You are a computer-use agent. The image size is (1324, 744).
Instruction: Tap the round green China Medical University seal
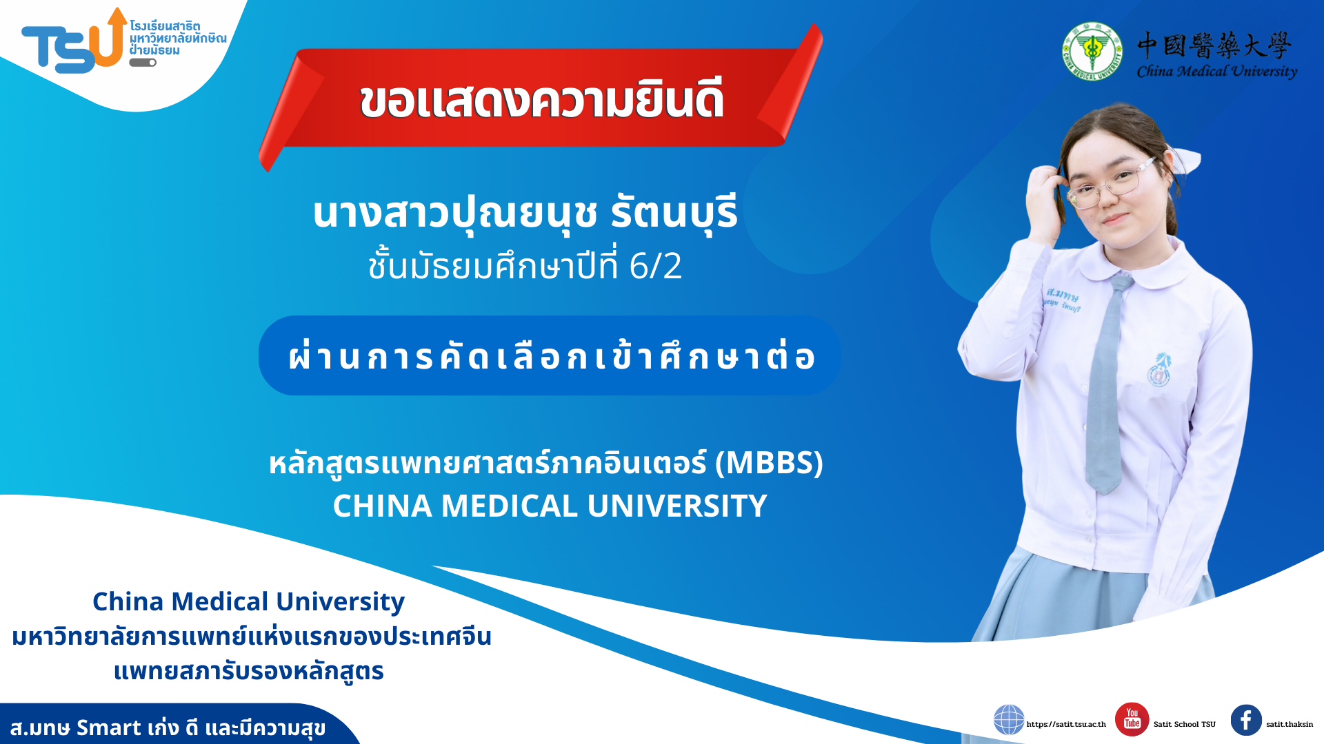pos(1092,51)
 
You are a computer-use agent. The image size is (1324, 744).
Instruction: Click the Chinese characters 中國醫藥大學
pos(1214,45)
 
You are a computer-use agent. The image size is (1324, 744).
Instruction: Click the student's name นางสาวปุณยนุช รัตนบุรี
pos(525,213)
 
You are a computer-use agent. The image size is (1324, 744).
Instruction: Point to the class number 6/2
pos(655,266)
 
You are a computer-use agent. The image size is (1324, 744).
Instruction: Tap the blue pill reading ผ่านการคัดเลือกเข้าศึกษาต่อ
pos(550,355)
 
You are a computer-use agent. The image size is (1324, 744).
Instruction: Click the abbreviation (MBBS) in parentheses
pos(769,463)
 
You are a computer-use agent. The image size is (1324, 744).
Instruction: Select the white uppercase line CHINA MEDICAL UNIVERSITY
pos(550,506)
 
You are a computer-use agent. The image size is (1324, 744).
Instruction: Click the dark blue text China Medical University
pos(248,601)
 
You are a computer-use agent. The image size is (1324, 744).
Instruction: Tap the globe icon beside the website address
pos(1009,720)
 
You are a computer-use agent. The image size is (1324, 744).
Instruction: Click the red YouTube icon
pos(1132,720)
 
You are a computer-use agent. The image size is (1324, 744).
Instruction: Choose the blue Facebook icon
pos(1246,720)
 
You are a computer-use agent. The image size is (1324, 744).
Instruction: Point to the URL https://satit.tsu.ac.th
pos(1066,724)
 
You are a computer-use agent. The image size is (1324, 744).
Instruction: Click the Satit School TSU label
pos(1185,724)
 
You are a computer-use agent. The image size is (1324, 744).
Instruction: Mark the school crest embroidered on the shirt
pos(1158,369)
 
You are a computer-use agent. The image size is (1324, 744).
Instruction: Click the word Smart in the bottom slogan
pos(109,727)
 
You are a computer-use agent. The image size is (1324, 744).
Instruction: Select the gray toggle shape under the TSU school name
pos(143,63)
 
